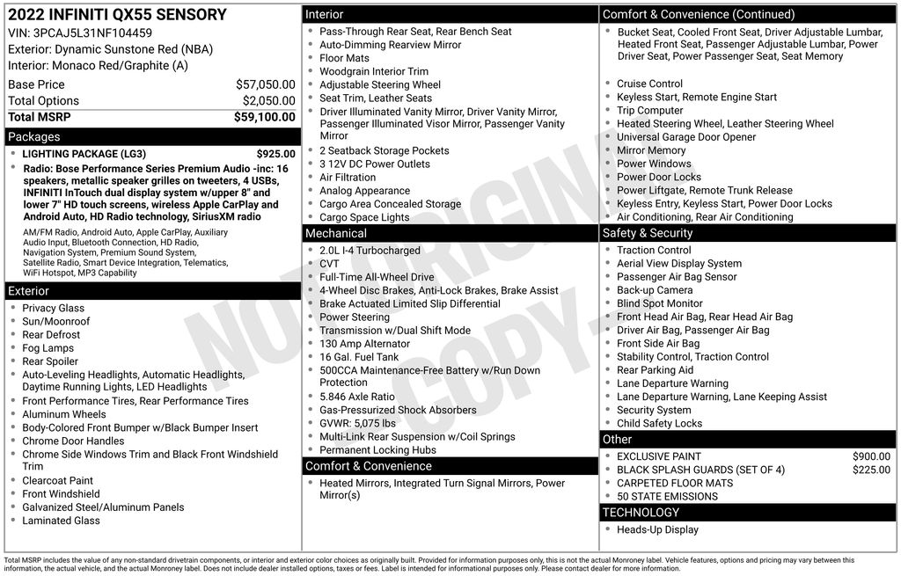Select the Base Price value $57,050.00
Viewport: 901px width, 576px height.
[265, 84]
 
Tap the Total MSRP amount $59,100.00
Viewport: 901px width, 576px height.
[264, 117]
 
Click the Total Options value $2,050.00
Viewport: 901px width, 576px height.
[268, 101]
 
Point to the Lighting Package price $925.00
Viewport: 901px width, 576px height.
[275, 154]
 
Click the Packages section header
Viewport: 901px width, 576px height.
[34, 137]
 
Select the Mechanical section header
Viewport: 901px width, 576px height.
[335, 233]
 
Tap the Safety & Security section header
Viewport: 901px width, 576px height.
[647, 233]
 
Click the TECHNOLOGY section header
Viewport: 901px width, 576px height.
[641, 512]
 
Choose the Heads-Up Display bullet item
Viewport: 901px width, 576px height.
[657, 529]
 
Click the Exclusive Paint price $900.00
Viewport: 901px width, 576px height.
[871, 456]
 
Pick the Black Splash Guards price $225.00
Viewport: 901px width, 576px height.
[871, 470]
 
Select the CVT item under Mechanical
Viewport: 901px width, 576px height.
[329, 264]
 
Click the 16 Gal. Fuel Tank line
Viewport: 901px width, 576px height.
[359, 357]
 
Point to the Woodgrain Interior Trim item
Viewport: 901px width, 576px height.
[374, 71]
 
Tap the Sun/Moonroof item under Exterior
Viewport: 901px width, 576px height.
[56, 322]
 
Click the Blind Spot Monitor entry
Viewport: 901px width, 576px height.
[659, 303]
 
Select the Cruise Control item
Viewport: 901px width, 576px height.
[649, 84]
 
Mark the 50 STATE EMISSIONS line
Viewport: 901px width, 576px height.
[667, 496]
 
